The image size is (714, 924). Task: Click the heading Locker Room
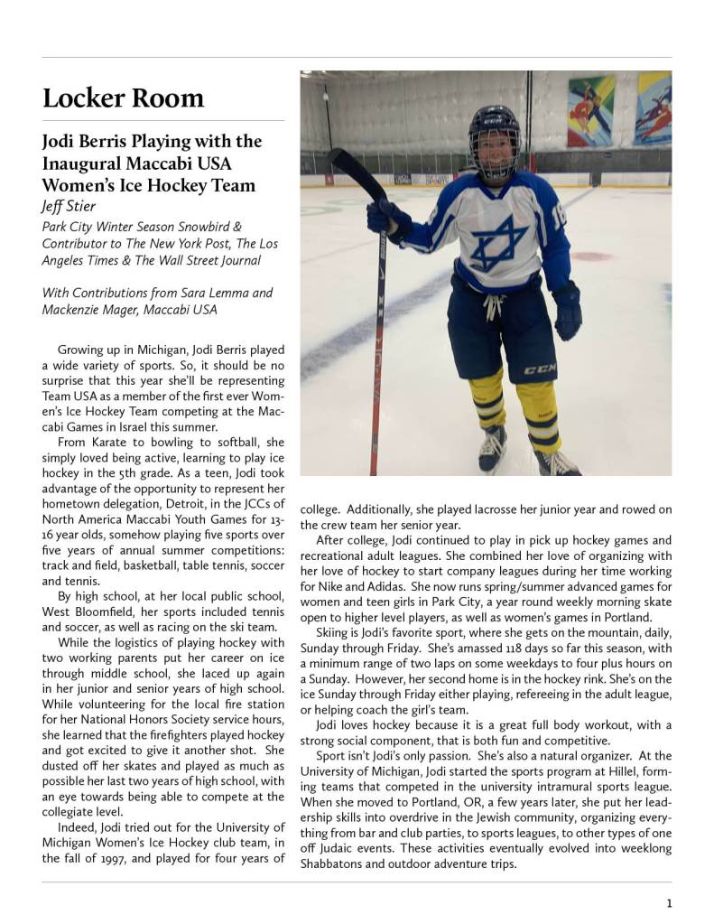click(124, 98)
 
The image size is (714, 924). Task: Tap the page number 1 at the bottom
click(669, 902)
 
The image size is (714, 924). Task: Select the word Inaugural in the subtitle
click(81, 163)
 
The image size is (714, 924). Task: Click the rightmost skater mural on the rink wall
click(653, 108)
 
